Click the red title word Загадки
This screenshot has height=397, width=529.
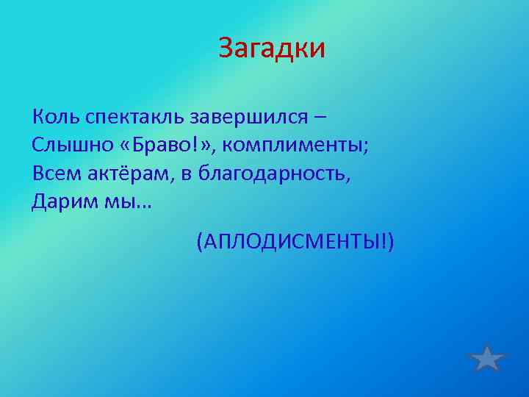click(271, 50)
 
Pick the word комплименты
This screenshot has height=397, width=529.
click(293, 146)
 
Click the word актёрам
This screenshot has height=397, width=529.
click(116, 174)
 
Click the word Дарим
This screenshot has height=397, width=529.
click(60, 202)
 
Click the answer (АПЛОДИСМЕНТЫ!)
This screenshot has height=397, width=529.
click(295, 242)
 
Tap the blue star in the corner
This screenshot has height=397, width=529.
click(487, 358)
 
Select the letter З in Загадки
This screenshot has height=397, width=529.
click(225, 50)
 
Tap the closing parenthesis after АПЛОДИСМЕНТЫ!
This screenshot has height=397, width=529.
click(391, 242)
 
